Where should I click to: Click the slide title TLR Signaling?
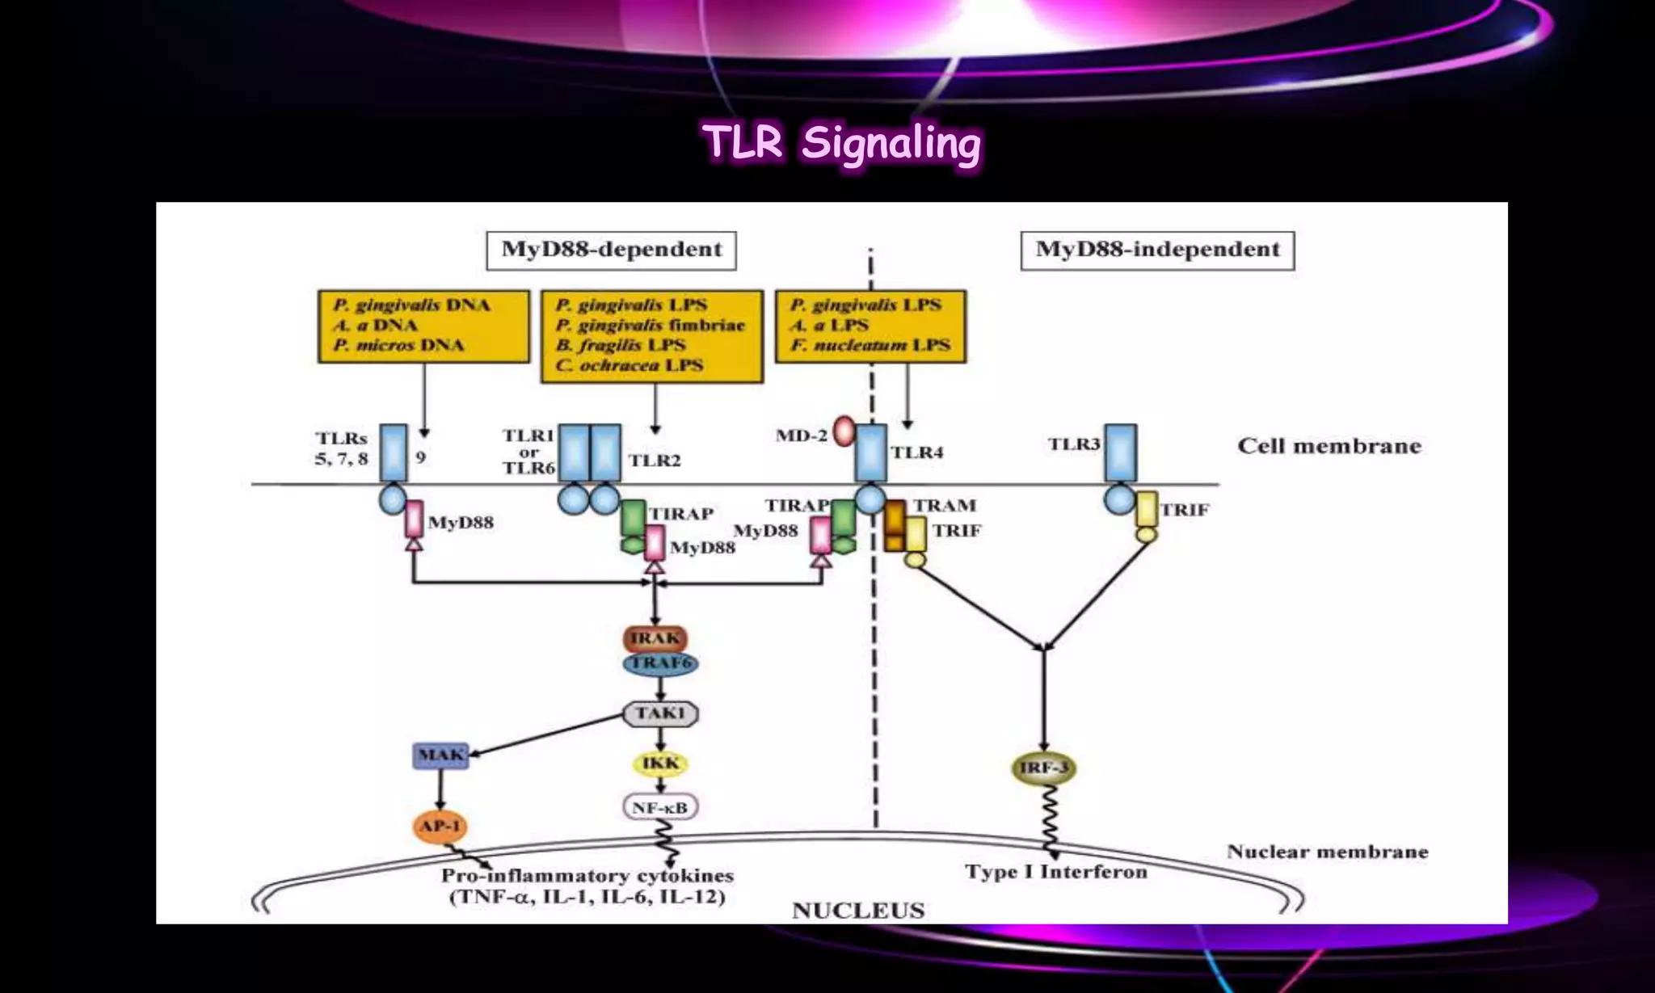click(841, 144)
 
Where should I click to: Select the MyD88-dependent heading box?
click(611, 250)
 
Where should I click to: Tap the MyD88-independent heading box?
click(1157, 250)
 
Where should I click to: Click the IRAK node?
click(655, 638)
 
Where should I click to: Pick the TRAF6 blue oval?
click(660, 663)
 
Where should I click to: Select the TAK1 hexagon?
click(660, 713)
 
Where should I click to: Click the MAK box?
click(440, 755)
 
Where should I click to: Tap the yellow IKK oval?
click(660, 764)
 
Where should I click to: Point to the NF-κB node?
click(660, 807)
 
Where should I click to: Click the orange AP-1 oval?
click(440, 826)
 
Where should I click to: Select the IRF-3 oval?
click(1044, 768)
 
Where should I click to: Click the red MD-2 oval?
click(844, 431)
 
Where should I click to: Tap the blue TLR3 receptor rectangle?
click(1120, 452)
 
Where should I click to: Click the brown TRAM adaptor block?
click(895, 525)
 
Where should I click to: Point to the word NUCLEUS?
click(858, 911)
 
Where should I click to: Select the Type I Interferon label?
click(1055, 872)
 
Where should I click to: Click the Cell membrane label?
click(1329, 446)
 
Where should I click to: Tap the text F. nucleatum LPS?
click(870, 346)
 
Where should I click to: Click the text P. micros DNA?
click(398, 346)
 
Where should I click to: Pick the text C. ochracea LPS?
click(629, 366)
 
